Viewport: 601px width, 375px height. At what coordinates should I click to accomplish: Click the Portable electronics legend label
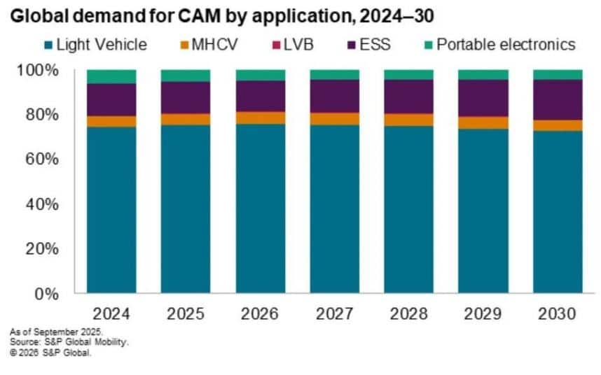coord(505,45)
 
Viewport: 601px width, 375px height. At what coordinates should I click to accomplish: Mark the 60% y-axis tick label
coord(39,160)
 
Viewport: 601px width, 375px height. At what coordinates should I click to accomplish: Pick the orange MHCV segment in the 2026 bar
coord(261,118)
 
